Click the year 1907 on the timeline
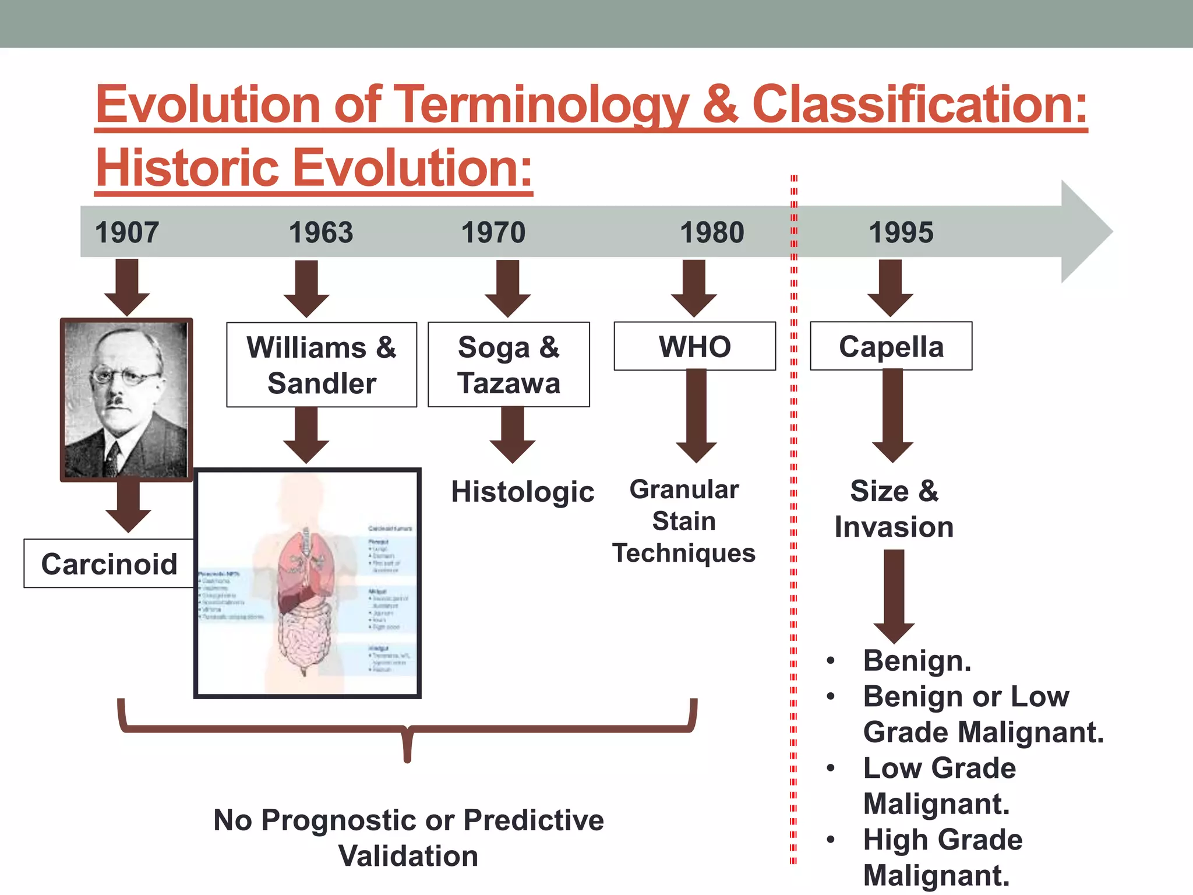[x=127, y=232]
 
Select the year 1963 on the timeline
[x=321, y=232]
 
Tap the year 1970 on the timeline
[x=493, y=232]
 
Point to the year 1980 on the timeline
[x=712, y=232]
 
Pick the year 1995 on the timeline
[x=901, y=232]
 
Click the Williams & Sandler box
[x=322, y=365]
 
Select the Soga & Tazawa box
[x=509, y=365]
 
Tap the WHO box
[x=694, y=346]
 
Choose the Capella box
[x=891, y=346]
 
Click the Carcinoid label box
[x=109, y=563]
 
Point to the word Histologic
[x=523, y=491]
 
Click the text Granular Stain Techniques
[x=684, y=521]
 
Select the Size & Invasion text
[x=894, y=509]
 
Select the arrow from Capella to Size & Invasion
[x=892, y=415]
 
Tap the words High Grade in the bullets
[x=943, y=840]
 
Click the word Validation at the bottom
[x=408, y=856]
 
